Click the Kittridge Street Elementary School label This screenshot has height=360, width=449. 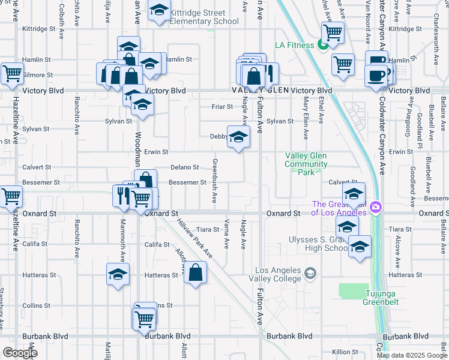[195, 17]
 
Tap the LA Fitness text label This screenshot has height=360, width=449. [294, 45]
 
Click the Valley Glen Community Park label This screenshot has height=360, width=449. [306, 164]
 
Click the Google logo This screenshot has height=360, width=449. [20, 353]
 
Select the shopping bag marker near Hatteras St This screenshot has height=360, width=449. [195, 272]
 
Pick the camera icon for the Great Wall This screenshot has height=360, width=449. [376, 208]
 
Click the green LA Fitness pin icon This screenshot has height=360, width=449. [323, 44]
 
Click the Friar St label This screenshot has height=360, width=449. [222, 107]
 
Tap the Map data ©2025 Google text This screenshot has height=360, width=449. [411, 355]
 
